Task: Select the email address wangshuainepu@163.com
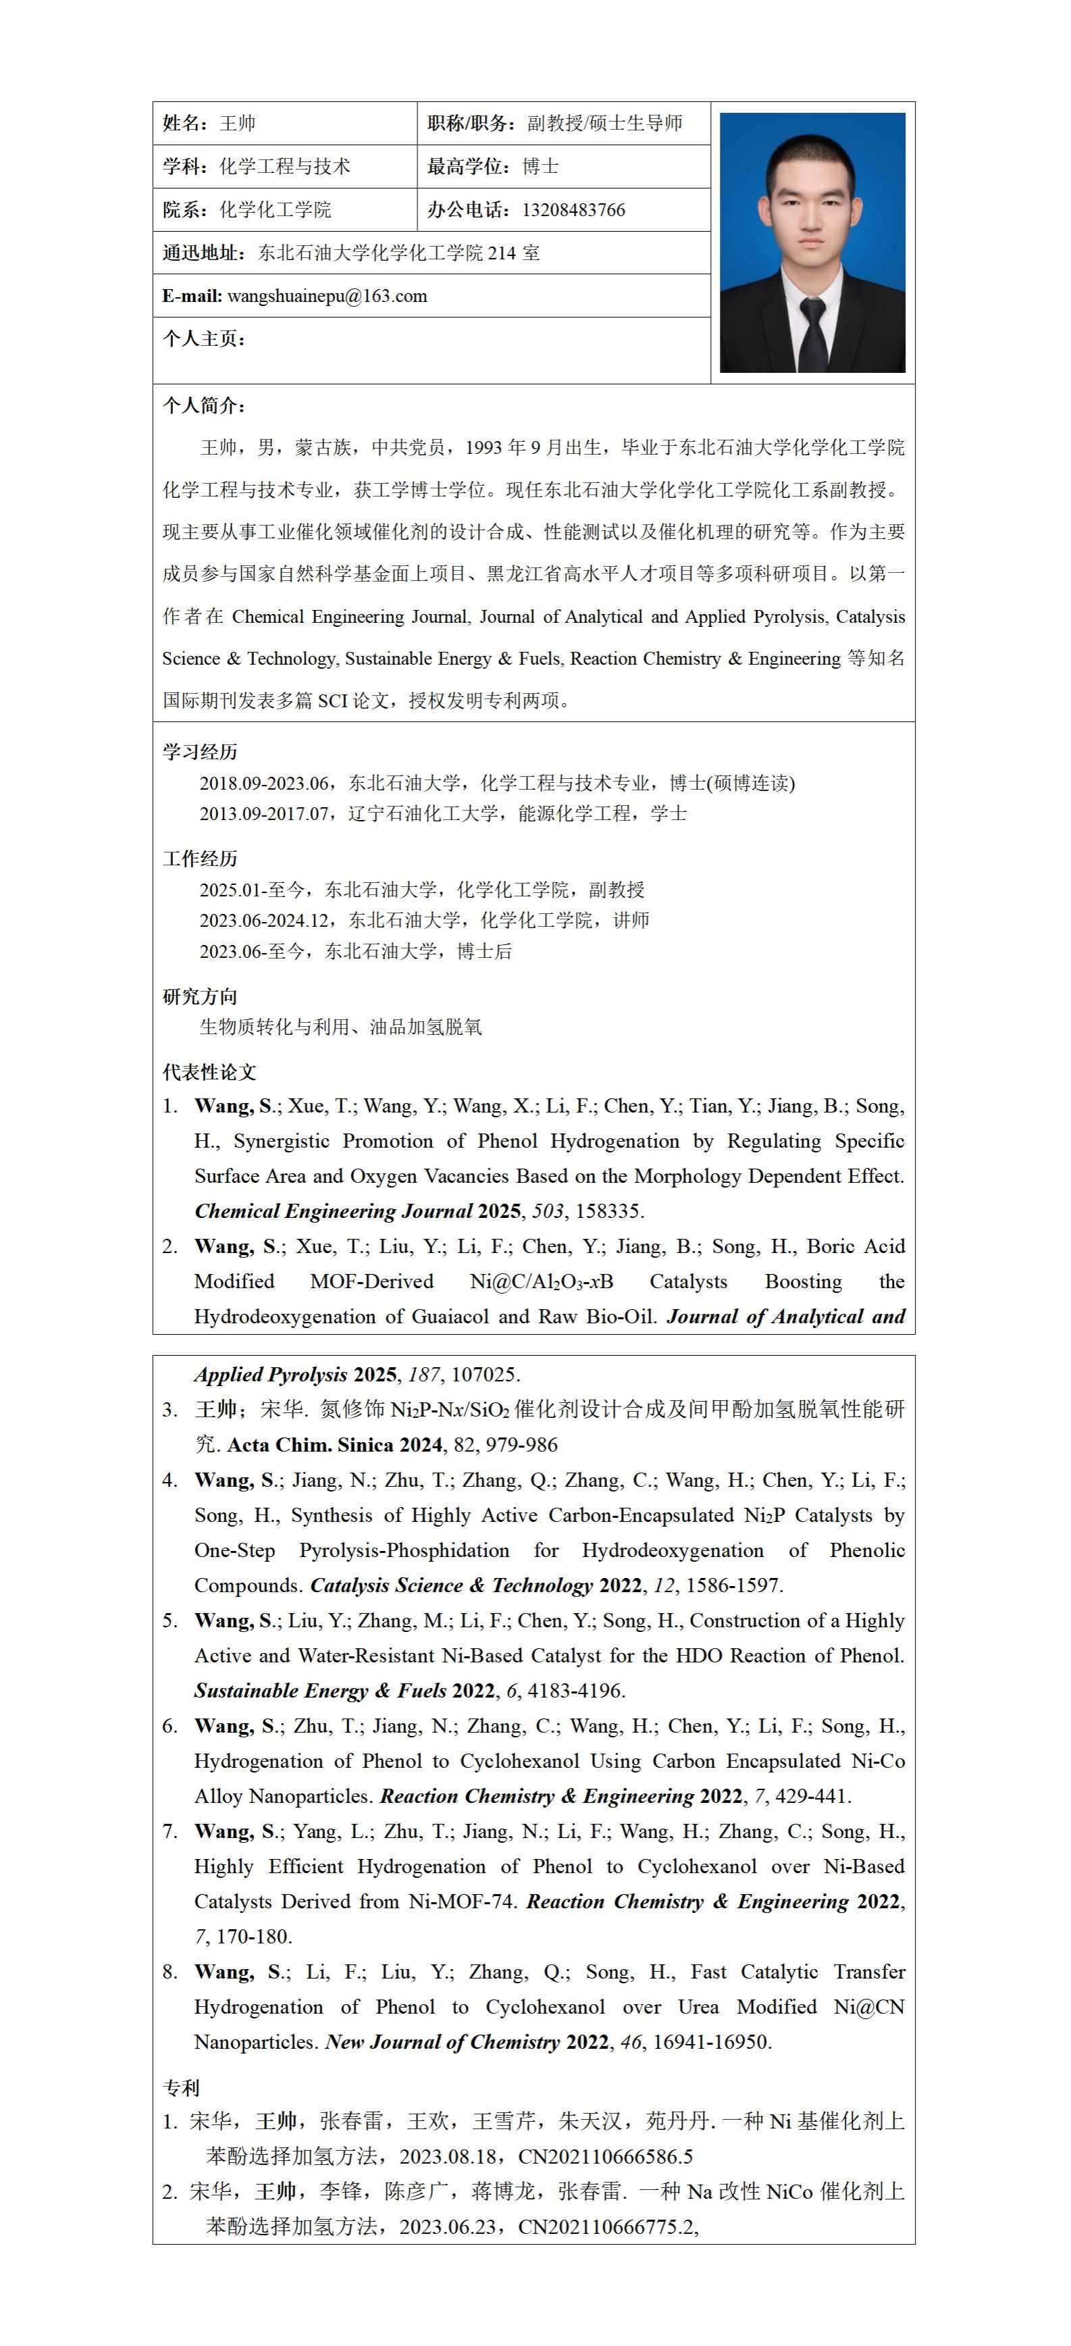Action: [x=327, y=296]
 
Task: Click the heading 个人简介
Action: [x=203, y=405]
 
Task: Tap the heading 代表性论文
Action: [x=209, y=1072]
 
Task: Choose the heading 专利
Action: [x=180, y=2087]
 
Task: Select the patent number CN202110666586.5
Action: [x=604, y=2157]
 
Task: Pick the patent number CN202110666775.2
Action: [x=604, y=2226]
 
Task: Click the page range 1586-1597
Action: [x=734, y=1585]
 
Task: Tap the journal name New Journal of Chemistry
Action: [x=442, y=2042]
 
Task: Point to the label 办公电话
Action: [x=468, y=210]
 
